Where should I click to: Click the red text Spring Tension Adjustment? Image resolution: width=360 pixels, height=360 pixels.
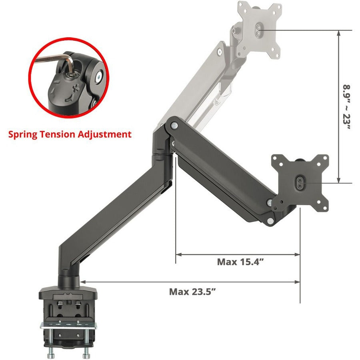point(70,134)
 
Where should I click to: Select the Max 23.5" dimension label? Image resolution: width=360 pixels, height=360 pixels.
point(192,291)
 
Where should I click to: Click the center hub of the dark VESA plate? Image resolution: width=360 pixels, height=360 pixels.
point(301,182)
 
